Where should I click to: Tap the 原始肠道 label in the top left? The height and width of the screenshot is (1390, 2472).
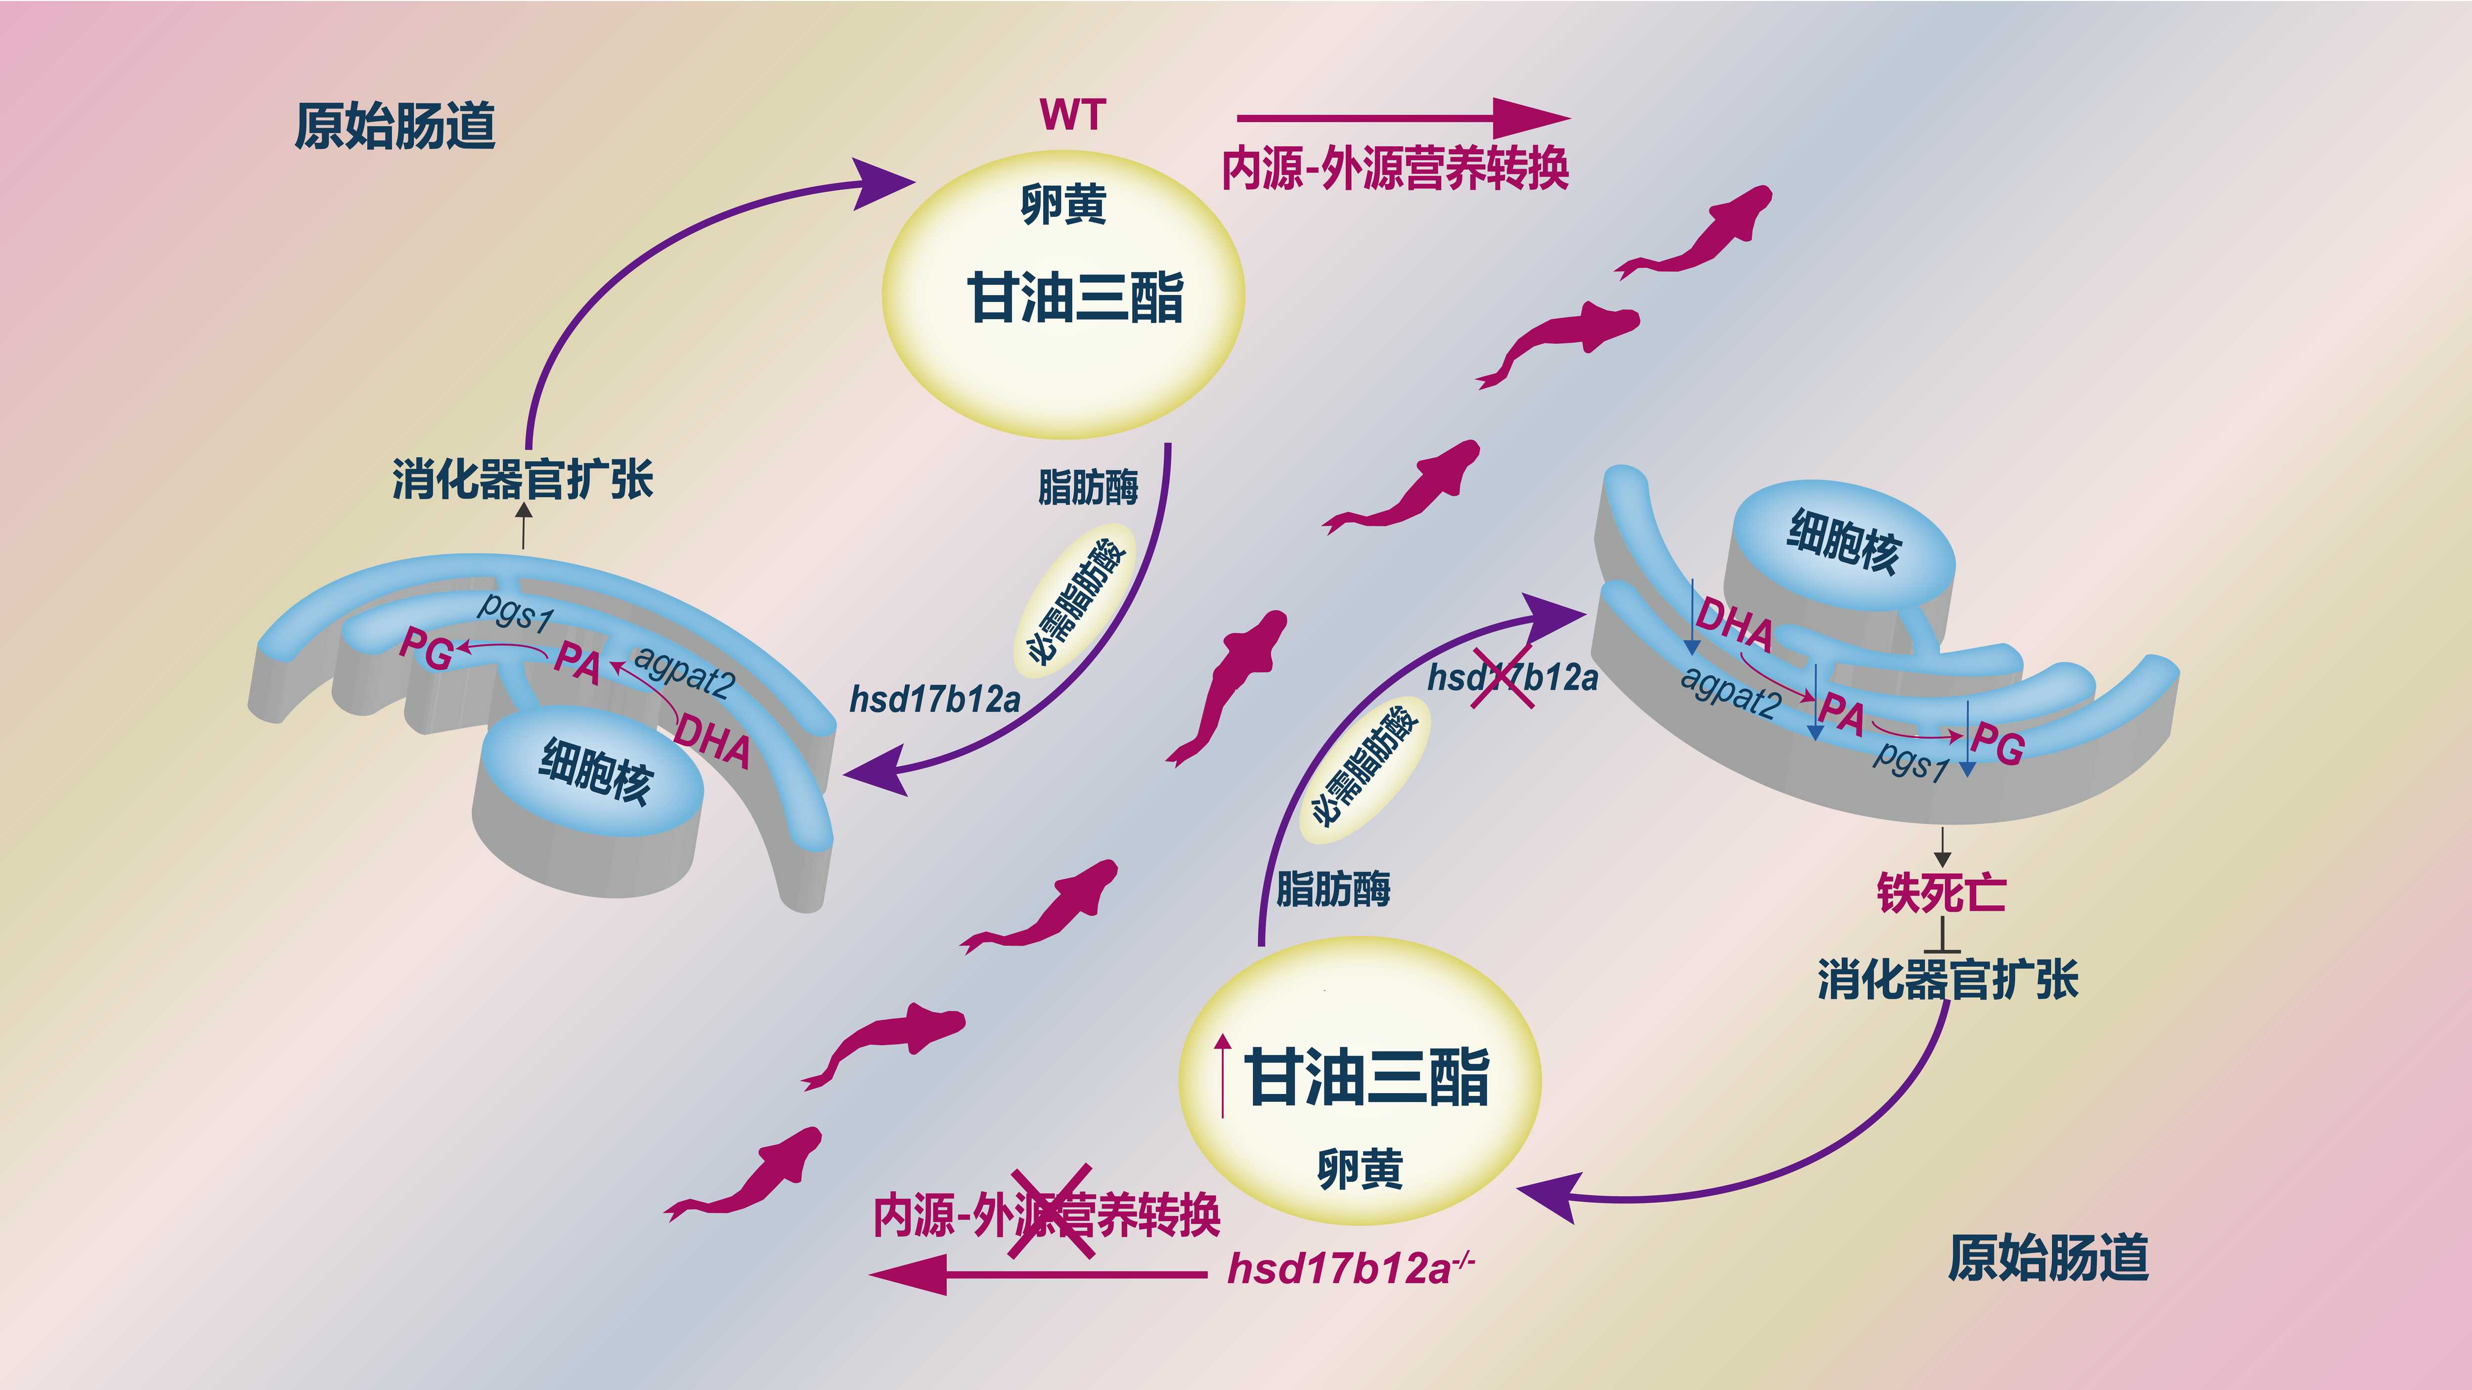coord(395,126)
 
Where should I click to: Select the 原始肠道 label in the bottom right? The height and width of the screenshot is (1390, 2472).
coord(2048,1258)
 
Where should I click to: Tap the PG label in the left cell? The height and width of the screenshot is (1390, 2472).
coord(426,649)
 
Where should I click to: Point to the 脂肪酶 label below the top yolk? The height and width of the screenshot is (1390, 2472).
coord(1087,487)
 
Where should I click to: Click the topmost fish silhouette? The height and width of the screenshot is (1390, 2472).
coord(1699,235)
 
